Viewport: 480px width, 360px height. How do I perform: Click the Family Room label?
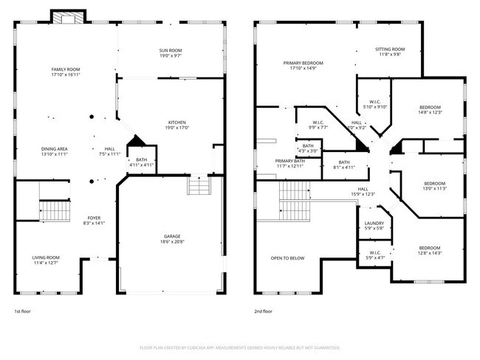click(x=65, y=72)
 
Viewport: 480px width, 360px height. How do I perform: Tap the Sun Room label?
click(x=171, y=52)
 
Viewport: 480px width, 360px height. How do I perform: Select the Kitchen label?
click(x=176, y=125)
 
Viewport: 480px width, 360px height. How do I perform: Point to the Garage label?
click(x=172, y=239)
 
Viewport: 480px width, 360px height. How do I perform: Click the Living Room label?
click(x=46, y=260)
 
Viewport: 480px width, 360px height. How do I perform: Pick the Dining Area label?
click(x=54, y=152)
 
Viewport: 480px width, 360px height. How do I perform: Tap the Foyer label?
click(x=95, y=221)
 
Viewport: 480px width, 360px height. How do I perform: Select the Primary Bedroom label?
click(x=304, y=66)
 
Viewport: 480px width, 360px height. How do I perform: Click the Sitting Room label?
click(x=390, y=52)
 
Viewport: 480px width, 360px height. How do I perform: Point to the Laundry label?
click(x=374, y=226)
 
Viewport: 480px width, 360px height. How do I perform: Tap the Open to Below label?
click(x=288, y=258)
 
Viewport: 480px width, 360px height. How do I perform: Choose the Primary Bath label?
click(x=289, y=163)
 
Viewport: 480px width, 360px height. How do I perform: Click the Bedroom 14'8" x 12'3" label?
click(x=430, y=109)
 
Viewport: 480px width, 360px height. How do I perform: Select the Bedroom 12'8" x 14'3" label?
click(x=430, y=250)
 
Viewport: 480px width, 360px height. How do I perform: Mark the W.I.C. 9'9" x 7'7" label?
click(x=318, y=125)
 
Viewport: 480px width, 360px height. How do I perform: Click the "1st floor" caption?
click(x=23, y=311)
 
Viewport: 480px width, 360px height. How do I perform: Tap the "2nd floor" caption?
click(x=264, y=311)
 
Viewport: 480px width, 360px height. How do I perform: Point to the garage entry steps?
click(x=199, y=186)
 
